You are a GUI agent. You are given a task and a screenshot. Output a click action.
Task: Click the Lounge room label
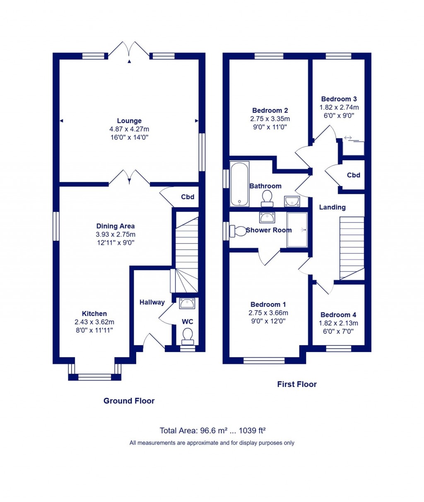129,121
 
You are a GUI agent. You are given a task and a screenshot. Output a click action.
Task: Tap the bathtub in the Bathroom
240,185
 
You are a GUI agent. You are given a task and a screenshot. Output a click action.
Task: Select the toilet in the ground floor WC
188,335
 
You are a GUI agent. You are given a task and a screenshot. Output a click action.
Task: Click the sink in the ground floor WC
188,304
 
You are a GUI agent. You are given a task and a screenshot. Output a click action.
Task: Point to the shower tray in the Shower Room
297,230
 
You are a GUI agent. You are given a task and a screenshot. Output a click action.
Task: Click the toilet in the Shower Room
238,231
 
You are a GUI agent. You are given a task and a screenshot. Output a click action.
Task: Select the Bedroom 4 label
338,315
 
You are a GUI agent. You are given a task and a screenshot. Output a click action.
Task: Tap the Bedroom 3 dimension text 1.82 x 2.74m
339,107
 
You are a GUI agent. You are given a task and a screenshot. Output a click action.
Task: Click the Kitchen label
94,314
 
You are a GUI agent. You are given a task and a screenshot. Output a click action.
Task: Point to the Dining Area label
116,226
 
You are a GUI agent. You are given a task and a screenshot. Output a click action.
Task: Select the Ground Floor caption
129,401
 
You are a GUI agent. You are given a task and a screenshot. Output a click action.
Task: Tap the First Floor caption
297,384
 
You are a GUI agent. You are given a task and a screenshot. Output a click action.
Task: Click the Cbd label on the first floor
353,175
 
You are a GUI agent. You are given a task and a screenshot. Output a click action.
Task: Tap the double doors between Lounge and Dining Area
129,178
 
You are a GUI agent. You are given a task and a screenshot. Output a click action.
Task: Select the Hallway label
152,302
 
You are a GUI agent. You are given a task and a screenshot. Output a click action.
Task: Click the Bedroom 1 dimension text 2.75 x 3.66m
268,313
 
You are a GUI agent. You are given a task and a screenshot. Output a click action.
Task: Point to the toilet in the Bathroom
266,198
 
